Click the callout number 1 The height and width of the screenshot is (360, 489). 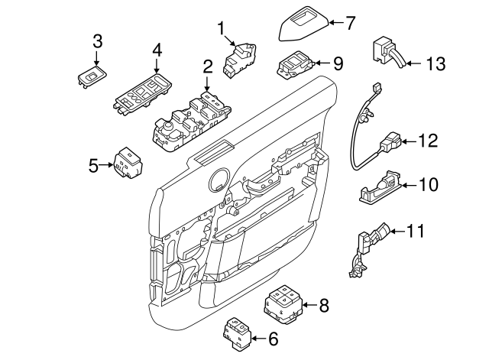[x=222, y=29]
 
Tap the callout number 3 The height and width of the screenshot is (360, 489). [x=97, y=41]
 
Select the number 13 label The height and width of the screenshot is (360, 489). [x=434, y=63]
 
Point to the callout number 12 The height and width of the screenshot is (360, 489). [x=429, y=141]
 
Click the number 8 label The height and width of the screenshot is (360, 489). [x=323, y=306]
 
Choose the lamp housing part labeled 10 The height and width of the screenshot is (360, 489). [x=377, y=186]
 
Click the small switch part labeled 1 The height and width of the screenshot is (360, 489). [x=238, y=59]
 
